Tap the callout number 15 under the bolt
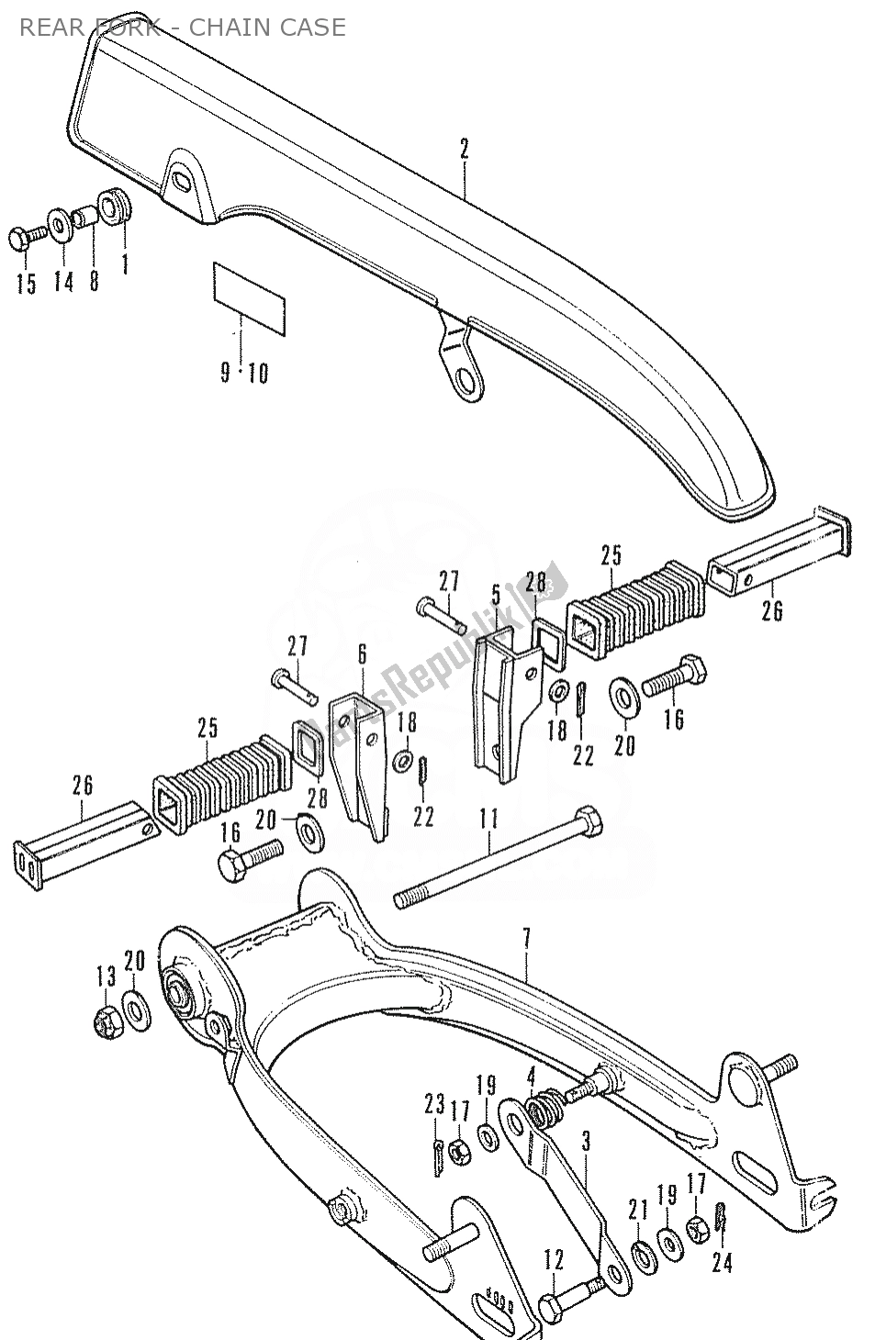26,284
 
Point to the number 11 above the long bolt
488,818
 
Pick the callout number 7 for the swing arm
526,939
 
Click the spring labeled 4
547,1106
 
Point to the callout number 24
723,1263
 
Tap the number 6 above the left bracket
362,654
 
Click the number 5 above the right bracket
496,595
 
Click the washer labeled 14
58,224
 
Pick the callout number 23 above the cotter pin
434,1103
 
